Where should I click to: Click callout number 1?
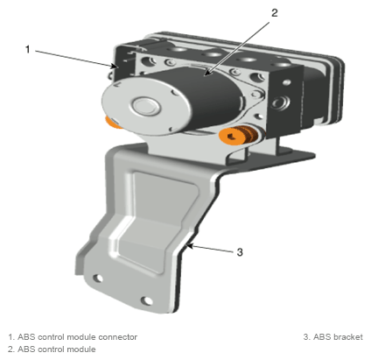[x=28, y=49]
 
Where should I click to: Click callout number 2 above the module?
[x=274, y=13]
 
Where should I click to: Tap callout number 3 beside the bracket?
[x=240, y=252]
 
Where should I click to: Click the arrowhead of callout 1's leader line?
[x=115, y=66]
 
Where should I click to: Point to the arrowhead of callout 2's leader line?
[x=206, y=73]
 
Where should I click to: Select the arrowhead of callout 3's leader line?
[x=190, y=246]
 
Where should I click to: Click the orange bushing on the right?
[x=238, y=136]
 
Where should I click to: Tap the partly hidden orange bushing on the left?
[x=112, y=123]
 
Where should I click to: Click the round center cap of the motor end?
[x=145, y=106]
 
